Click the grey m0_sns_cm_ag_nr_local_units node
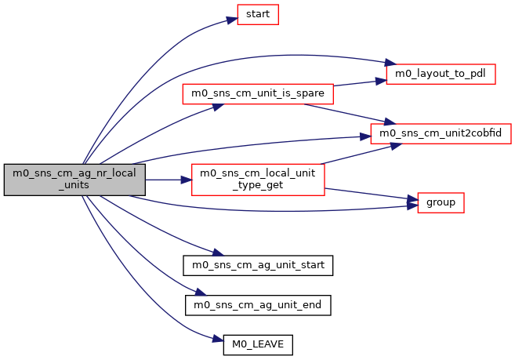(74, 180)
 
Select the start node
(258, 14)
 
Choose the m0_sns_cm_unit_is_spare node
(258, 93)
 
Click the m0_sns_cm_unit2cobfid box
(441, 133)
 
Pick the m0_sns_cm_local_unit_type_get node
(258, 180)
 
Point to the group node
(441, 202)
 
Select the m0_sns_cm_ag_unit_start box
(258, 265)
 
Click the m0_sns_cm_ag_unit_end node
(258, 304)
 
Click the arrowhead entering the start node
(232, 15)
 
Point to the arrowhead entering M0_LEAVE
(219, 340)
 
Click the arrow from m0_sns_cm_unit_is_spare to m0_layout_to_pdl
(359, 82)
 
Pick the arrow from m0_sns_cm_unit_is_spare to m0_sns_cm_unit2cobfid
(345, 113)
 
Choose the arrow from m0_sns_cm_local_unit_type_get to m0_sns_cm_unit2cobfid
(349, 155)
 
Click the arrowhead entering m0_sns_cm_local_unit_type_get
(187, 180)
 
